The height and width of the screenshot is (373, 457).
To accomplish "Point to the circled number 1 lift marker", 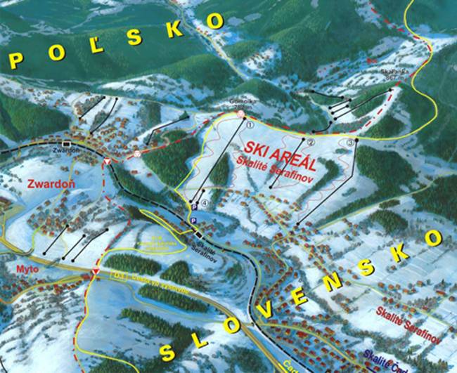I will pos(250,125).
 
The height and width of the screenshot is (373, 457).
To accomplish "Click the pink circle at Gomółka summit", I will pos(240,113).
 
